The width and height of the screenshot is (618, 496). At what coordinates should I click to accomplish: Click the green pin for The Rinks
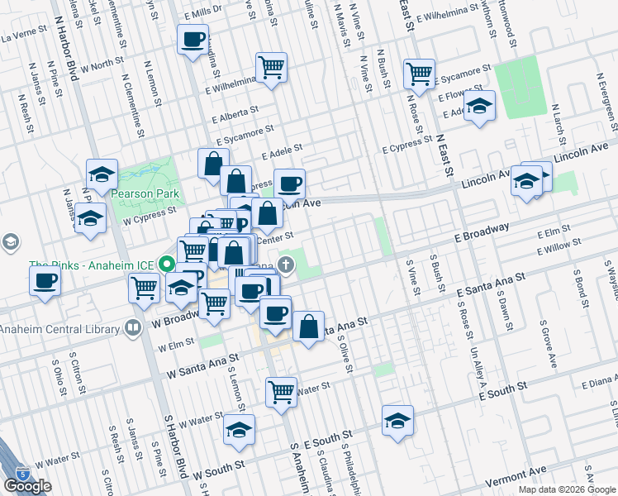tap(166, 266)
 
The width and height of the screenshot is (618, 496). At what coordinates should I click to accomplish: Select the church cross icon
tap(286, 265)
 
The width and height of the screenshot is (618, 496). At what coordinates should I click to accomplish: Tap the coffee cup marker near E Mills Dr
tap(193, 41)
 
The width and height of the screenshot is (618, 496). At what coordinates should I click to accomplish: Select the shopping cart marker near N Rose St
tap(420, 74)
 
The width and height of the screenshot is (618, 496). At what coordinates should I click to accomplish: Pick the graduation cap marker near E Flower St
tap(479, 106)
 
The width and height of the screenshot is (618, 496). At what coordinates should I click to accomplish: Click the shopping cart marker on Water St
tap(282, 390)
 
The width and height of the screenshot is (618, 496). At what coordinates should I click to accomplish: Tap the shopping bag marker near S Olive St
tap(308, 327)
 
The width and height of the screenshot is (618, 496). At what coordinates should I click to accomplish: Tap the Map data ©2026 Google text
tap(567, 489)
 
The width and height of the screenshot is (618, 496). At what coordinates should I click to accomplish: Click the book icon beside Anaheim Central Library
tap(133, 328)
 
